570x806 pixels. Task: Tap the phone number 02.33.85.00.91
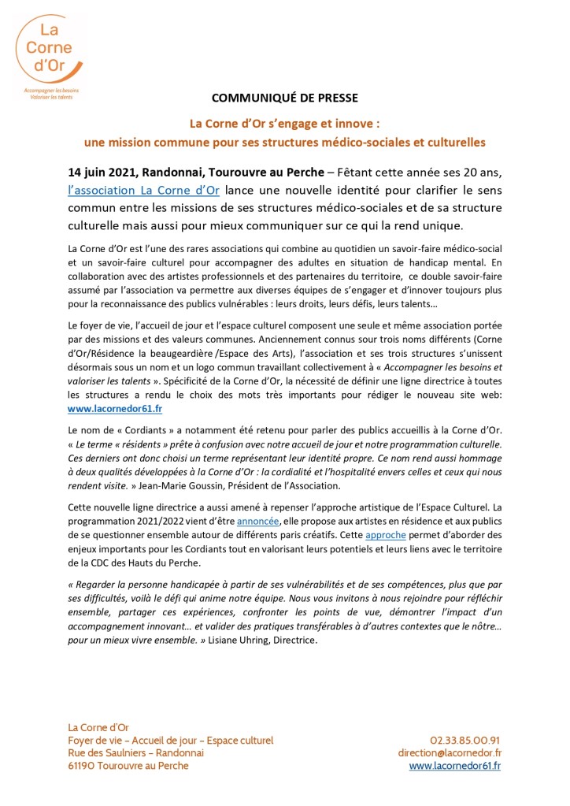(x=465, y=740)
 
